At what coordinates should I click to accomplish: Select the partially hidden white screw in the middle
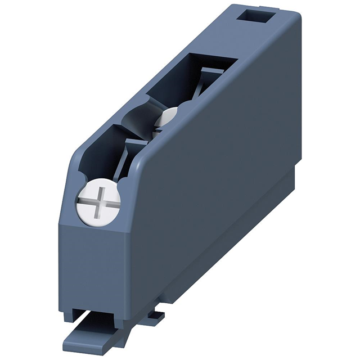[x=166, y=116]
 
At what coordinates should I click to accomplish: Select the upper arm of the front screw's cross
[x=99, y=192]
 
